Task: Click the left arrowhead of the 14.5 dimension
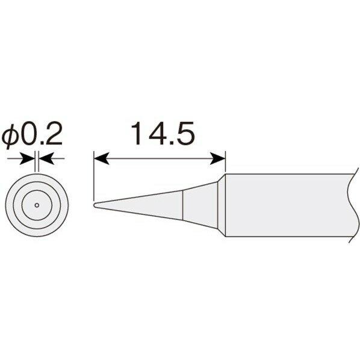coord(101,159)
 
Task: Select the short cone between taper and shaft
coord(203,205)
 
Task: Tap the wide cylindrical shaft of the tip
coord(283,205)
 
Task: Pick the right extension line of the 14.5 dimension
coord(225,163)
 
